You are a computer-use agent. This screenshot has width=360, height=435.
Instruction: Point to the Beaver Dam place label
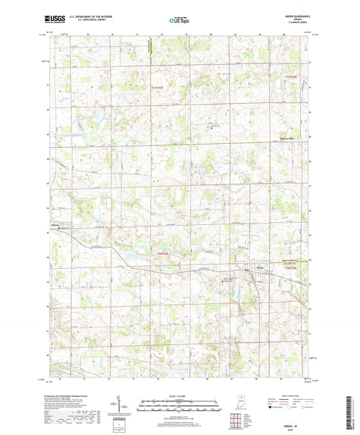point(288,136)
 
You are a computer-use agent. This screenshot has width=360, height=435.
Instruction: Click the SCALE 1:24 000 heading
point(179,395)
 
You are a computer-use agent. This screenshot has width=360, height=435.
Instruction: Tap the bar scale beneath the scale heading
point(179,407)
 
